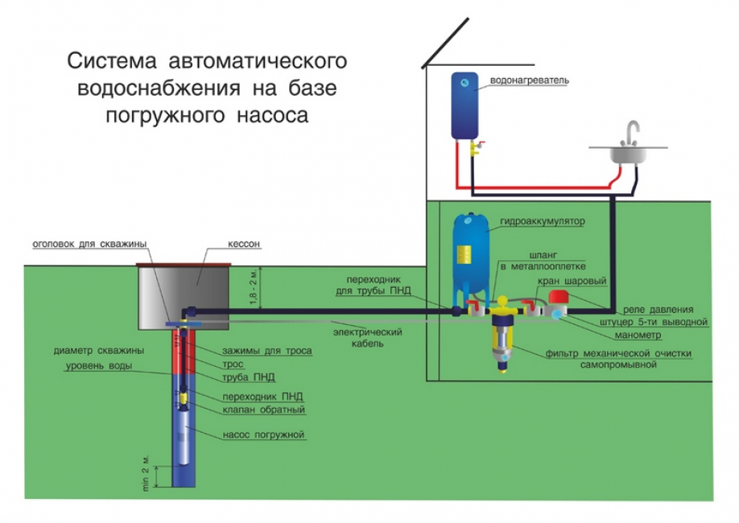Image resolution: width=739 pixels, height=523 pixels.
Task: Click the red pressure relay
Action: click(x=559, y=300)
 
